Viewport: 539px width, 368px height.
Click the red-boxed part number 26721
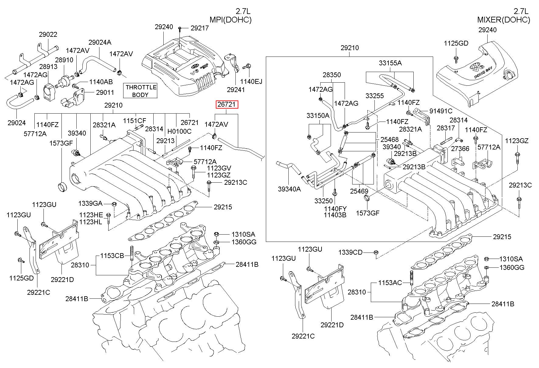click(x=227, y=105)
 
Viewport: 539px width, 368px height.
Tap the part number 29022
click(x=48, y=35)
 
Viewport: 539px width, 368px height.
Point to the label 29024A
click(x=100, y=42)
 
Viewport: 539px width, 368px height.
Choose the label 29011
click(x=105, y=92)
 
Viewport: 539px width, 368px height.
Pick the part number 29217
click(x=200, y=28)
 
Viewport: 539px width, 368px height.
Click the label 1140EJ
click(x=251, y=81)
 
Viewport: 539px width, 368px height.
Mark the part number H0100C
click(x=179, y=131)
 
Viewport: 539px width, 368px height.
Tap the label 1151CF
click(x=134, y=121)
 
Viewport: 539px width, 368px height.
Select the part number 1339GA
click(x=90, y=203)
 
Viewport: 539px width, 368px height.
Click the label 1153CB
click(x=112, y=256)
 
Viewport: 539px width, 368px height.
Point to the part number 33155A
click(x=390, y=63)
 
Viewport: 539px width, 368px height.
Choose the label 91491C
click(x=441, y=111)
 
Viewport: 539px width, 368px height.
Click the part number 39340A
click(x=289, y=189)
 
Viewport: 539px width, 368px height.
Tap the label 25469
click(x=359, y=191)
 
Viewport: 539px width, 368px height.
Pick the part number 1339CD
click(x=350, y=252)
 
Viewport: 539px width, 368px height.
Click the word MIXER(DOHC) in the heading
click(x=503, y=20)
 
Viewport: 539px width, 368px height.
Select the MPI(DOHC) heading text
click(x=231, y=20)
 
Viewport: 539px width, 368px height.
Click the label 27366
click(x=460, y=149)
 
